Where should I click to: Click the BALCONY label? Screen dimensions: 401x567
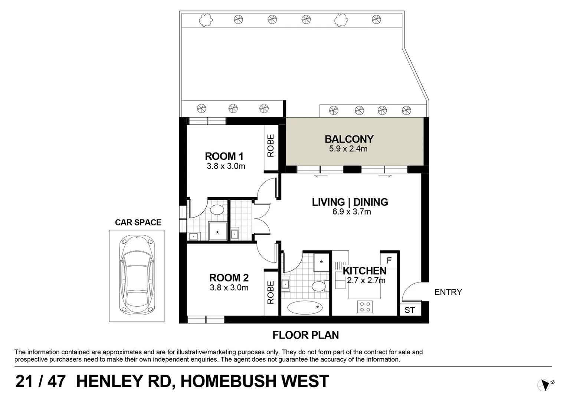[349, 139]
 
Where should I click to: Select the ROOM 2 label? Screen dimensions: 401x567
[229, 278]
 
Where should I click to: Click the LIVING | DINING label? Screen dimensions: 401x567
[350, 202]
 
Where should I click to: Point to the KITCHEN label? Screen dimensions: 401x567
[364, 271]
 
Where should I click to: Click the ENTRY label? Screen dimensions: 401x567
[448, 292]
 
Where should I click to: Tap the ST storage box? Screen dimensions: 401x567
[409, 310]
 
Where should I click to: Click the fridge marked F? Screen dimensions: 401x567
[389, 260]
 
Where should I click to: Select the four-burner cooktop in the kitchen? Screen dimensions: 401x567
[364, 307]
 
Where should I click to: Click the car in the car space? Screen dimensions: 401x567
[137, 276]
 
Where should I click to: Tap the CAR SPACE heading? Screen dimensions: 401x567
[138, 222]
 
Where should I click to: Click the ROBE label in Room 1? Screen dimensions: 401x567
[271, 146]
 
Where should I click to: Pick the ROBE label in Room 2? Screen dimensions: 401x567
[271, 293]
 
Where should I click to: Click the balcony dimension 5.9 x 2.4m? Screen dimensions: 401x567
[348, 149]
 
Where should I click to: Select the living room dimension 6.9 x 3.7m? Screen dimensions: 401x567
[351, 212]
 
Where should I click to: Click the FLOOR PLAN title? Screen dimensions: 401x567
[305, 335]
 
